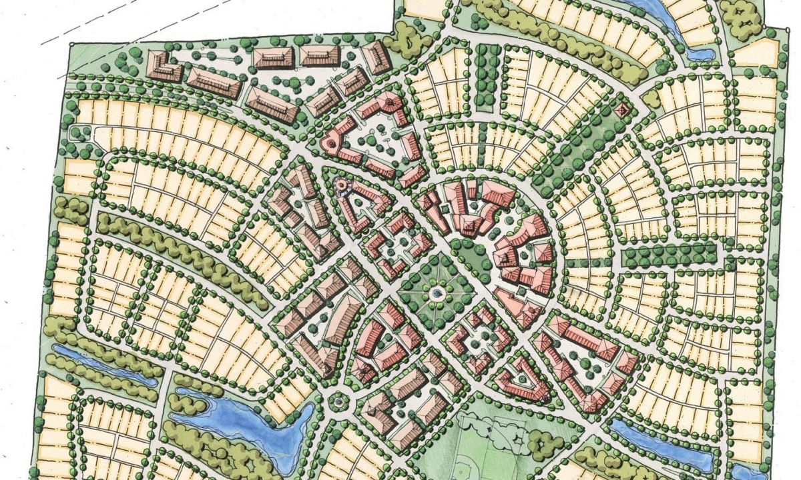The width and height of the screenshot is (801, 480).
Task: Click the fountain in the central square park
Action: pos(437,293)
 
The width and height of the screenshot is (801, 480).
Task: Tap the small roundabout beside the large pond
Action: pos(338,401)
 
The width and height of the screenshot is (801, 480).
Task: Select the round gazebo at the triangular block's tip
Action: pos(340,184)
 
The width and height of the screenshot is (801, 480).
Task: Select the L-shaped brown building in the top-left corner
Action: pos(163,66)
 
